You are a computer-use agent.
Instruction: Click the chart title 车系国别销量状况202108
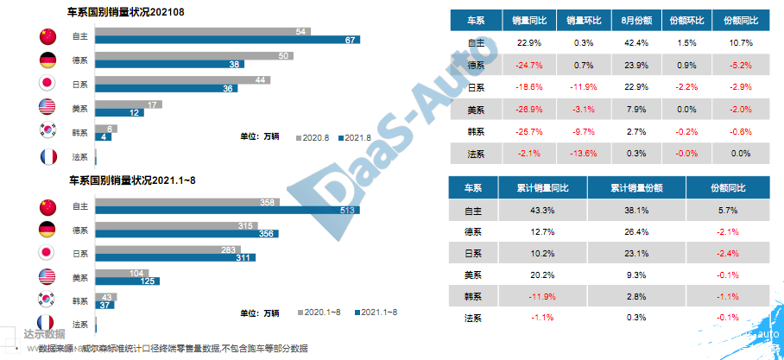click(x=130, y=13)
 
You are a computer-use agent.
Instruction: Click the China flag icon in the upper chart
click(x=48, y=36)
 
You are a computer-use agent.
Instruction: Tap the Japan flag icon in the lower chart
click(x=48, y=253)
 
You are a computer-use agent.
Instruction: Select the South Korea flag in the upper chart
click(x=48, y=131)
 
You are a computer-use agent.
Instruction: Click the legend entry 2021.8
click(x=355, y=137)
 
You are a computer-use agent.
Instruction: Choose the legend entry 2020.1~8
click(x=323, y=312)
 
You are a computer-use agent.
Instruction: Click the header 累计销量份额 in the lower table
click(x=635, y=187)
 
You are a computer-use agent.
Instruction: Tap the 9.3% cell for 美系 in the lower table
click(x=635, y=275)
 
